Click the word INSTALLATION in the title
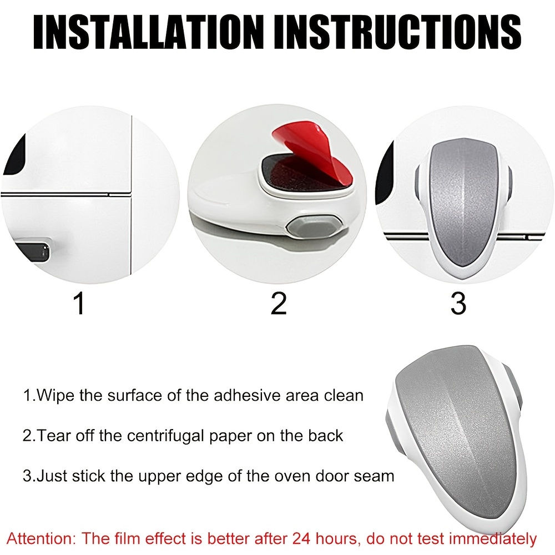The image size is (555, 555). tap(148, 33)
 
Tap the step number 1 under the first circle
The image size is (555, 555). tap(79, 304)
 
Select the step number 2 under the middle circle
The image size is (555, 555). tap(278, 304)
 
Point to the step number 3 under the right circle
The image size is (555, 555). tap(458, 304)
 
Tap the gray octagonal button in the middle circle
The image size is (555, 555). tap(314, 226)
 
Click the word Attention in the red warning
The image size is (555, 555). tap(41, 539)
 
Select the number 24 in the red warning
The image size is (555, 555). tap(301, 539)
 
